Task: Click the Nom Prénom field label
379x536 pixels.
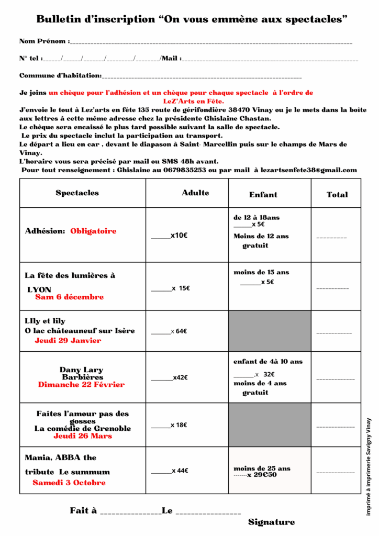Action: pyautogui.click(x=43, y=41)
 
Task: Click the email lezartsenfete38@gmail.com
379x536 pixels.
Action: pyautogui.click(x=306, y=170)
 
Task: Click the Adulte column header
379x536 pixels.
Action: pyautogui.click(x=195, y=193)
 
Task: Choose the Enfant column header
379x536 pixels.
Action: pyautogui.click(x=263, y=194)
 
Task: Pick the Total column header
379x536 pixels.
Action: pyautogui.click(x=337, y=194)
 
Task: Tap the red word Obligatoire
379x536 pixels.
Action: pyautogui.click(x=93, y=231)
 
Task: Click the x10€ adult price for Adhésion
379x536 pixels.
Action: pyautogui.click(x=179, y=236)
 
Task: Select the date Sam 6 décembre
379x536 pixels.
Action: pyautogui.click(x=69, y=297)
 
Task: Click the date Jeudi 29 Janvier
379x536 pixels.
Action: pyautogui.click(x=68, y=340)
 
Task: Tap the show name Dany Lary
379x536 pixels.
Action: pyautogui.click(x=81, y=370)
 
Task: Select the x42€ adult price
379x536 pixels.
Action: pyautogui.click(x=180, y=377)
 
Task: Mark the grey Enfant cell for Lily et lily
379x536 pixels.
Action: pyautogui.click(x=270, y=331)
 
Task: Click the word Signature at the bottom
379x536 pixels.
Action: pyautogui.click(x=271, y=522)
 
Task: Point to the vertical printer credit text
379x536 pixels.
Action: pyautogui.click(x=369, y=466)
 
